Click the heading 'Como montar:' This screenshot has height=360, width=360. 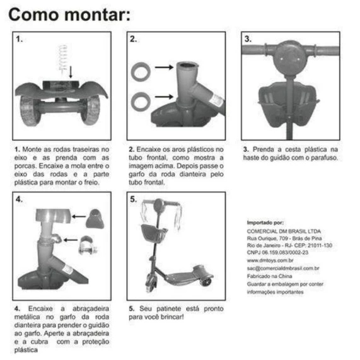pyautogui.click(x=69, y=15)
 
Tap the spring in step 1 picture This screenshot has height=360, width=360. pyautogui.click(x=62, y=58)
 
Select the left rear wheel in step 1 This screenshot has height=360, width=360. pyautogui.click(x=30, y=111)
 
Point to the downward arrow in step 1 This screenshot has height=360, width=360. pyautogui.click(x=71, y=72)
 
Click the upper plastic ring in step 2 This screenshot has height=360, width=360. pyautogui.click(x=141, y=72)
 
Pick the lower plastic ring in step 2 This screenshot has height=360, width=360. pyautogui.click(x=141, y=101)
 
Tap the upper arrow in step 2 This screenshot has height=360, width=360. pyautogui.click(x=164, y=67)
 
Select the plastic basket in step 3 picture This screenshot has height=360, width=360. pyautogui.click(x=288, y=104)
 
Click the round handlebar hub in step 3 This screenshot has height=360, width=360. pyautogui.click(x=290, y=58)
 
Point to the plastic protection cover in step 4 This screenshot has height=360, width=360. pyautogui.click(x=95, y=219)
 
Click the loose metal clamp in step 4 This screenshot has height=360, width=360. pyautogui.click(x=87, y=245)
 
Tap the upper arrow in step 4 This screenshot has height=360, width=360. pyautogui.click(x=79, y=216)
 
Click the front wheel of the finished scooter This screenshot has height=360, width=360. pyautogui.click(x=151, y=283)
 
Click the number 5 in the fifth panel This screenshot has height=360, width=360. pyautogui.click(x=134, y=199)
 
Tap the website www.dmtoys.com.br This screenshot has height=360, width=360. pyautogui.click(x=270, y=260)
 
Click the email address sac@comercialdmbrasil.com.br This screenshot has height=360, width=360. pyautogui.click(x=283, y=268)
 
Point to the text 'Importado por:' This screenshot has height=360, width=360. pyautogui.click(x=265, y=223)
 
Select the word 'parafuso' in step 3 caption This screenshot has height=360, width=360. pyautogui.click(x=324, y=158)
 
